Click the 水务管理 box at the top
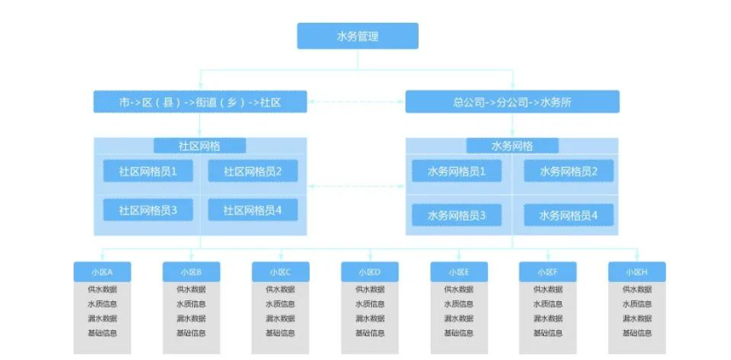click(x=357, y=36)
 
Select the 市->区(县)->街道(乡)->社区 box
click(x=200, y=102)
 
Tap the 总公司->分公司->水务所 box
click(x=512, y=102)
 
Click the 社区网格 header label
click(x=200, y=146)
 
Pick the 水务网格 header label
click(x=512, y=146)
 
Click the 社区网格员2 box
click(x=253, y=171)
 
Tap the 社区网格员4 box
click(x=253, y=211)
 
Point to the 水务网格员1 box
click(x=457, y=171)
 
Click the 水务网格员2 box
click(x=569, y=171)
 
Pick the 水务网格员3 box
click(x=457, y=214)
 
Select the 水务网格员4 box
click(x=569, y=214)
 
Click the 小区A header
click(x=102, y=271)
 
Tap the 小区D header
click(x=369, y=271)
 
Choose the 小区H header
click(x=637, y=271)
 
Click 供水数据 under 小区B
click(x=191, y=290)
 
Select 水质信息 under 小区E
click(x=459, y=305)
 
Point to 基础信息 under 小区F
click(x=548, y=333)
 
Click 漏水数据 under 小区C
click(x=281, y=319)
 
